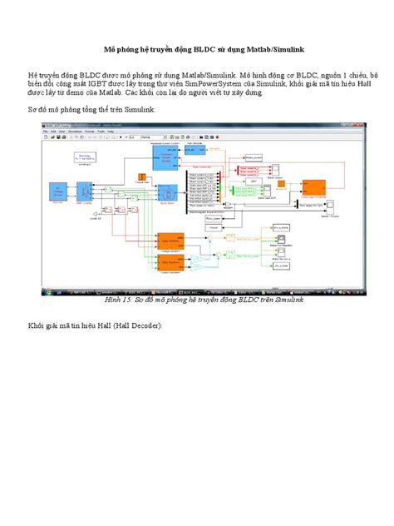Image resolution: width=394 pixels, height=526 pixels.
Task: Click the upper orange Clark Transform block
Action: pyautogui.click(x=170, y=241)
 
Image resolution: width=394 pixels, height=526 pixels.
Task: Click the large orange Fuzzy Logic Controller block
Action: pyautogui.click(x=313, y=186)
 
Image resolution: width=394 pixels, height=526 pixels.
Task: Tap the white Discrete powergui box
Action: pyautogui.click(x=85, y=157)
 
